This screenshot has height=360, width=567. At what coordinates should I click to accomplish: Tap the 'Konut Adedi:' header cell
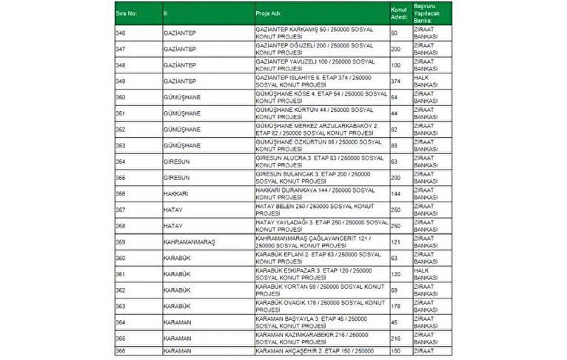click(398, 13)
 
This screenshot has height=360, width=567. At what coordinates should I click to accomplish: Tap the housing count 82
click(395, 130)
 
